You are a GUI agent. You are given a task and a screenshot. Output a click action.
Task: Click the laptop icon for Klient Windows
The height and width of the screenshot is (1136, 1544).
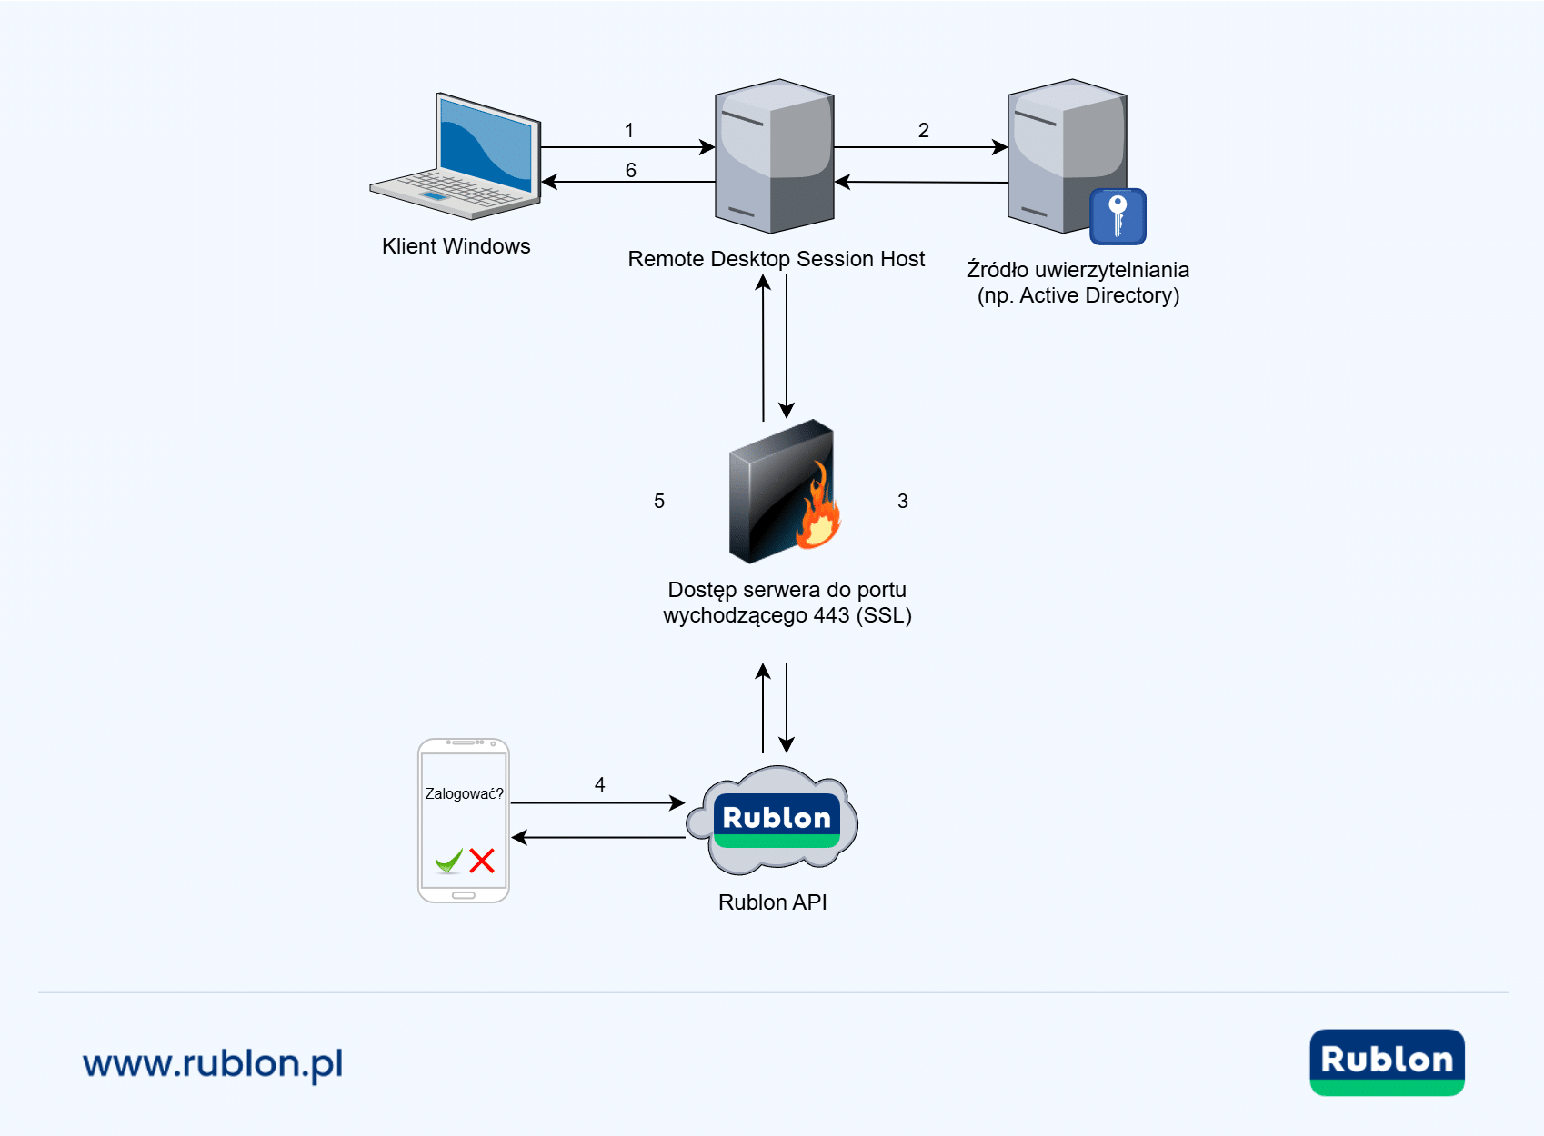tap(457, 156)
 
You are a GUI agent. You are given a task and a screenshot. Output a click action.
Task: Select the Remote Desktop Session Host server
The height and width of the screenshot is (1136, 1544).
tap(775, 156)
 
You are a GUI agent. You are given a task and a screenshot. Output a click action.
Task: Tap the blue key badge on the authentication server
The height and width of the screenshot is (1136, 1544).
tap(1118, 216)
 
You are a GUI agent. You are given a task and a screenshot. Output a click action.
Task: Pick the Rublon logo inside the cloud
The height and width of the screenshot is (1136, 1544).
tap(777, 820)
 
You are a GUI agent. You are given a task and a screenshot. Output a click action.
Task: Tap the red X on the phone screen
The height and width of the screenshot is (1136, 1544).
tap(482, 860)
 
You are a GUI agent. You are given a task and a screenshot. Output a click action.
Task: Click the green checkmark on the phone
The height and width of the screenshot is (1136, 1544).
tap(449, 860)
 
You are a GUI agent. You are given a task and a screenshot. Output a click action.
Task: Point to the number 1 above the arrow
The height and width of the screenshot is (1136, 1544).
tap(629, 131)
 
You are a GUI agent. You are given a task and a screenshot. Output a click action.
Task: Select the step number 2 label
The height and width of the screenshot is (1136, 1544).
tap(924, 131)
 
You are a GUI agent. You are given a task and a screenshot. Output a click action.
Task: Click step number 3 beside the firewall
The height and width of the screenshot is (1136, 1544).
tap(903, 502)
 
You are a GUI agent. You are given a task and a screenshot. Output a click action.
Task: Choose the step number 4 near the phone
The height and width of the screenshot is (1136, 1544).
tap(600, 784)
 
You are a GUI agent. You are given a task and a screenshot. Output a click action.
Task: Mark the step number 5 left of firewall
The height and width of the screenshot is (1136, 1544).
tap(659, 502)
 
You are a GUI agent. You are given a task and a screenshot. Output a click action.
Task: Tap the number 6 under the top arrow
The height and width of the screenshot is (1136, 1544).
tap(631, 171)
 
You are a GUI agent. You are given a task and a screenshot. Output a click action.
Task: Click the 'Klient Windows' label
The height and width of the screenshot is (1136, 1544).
tap(456, 246)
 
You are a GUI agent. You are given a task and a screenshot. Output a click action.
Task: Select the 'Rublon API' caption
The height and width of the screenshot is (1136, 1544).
tap(773, 902)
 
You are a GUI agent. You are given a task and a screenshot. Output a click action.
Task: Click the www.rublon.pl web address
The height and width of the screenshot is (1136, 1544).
tap(213, 1063)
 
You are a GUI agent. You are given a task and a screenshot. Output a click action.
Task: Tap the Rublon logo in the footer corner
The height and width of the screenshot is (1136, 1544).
tap(1387, 1061)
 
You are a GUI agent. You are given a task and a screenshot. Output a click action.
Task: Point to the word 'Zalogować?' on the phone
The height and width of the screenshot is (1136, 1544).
tap(464, 794)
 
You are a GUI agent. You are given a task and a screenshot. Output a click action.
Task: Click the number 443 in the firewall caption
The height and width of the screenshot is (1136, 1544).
tap(831, 616)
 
